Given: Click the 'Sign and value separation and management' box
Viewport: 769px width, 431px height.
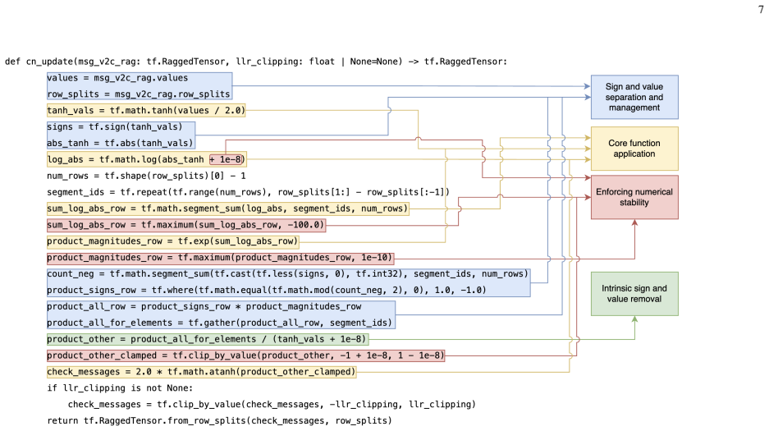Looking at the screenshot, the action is (634, 97).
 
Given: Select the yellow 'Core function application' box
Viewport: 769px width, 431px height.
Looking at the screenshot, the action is (634, 149).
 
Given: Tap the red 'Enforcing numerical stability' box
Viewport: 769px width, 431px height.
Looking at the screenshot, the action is (634, 197).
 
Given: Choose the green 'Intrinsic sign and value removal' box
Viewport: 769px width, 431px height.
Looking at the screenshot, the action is (634, 294).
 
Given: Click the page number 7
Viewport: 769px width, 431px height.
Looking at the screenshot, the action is (761, 9).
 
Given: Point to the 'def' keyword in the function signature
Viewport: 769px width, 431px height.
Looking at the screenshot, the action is (13, 62).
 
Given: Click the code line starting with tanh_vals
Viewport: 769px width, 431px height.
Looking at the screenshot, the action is (145, 110).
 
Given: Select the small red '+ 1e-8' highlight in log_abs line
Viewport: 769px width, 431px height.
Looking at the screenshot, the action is (227, 159).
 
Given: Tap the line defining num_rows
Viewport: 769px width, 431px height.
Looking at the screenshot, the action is (146, 176).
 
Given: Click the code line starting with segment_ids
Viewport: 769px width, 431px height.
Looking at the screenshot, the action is (248, 192).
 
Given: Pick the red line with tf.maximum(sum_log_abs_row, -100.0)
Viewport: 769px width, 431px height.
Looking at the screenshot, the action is (185, 225).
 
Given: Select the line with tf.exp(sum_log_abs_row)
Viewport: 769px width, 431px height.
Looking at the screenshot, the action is (172, 241).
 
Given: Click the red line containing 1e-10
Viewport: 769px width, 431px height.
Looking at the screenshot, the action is (220, 258).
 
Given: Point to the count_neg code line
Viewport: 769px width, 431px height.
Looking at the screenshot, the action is (288, 273).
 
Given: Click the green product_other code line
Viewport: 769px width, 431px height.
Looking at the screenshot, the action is (207, 339).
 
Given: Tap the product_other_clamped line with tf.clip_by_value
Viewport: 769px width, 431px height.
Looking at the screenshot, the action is (245, 355).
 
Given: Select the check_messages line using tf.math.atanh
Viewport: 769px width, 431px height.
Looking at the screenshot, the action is (201, 372).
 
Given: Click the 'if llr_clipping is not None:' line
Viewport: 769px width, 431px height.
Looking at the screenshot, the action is (120, 388).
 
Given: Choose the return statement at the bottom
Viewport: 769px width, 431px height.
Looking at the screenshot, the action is (219, 420).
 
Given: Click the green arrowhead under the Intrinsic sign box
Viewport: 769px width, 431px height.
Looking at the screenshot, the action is (634, 319).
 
